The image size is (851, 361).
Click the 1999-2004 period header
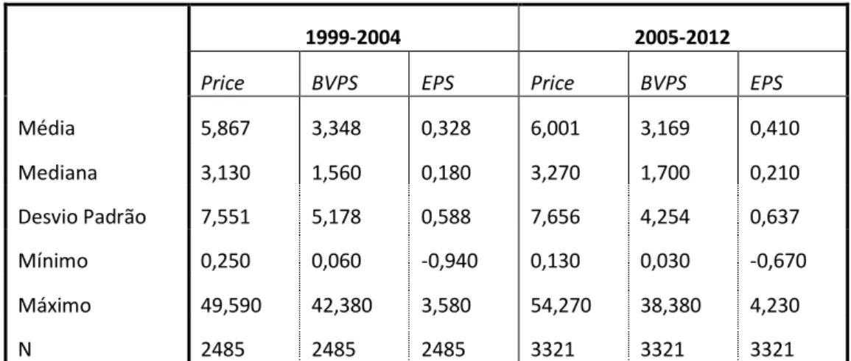point(354,38)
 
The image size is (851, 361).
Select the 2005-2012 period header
point(682,38)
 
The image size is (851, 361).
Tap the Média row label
point(46,129)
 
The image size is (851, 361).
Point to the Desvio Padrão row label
point(83,217)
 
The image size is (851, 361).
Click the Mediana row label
point(58,173)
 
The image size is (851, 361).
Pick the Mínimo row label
point(52,261)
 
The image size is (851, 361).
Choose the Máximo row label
point(55,306)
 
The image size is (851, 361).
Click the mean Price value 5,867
point(225,129)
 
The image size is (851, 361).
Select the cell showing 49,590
point(231,306)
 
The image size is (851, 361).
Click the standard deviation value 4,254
point(664,217)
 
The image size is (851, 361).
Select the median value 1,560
point(335,174)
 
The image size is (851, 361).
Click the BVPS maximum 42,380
point(341,306)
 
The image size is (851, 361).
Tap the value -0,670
point(778,262)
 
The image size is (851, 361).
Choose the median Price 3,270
point(554,174)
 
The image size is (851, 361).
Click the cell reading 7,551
point(225,217)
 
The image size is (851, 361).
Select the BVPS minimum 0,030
point(664,262)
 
